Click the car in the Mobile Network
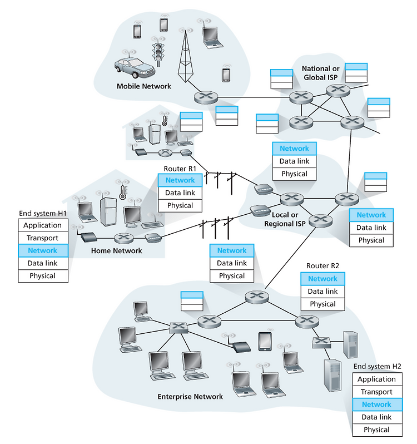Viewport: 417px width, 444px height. pos(135,68)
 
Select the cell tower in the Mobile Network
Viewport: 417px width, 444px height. pos(185,56)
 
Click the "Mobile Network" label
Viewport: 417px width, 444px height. pos(143,86)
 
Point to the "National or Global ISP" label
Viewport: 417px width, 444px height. pos(320,73)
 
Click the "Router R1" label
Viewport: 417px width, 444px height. pos(180,169)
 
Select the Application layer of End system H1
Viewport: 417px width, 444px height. pos(43,225)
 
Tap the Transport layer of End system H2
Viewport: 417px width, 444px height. pos(377,392)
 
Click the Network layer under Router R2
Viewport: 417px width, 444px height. pos(322,279)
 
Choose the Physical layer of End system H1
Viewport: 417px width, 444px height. pos(43,276)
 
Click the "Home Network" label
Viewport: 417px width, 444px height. pos(117,250)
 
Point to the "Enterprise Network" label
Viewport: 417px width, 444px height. pos(190,396)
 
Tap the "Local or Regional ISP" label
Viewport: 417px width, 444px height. pos(285,219)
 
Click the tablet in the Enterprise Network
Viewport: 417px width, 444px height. pos(265,342)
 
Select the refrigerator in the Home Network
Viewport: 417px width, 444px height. pos(108,211)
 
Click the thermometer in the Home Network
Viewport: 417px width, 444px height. pos(122,193)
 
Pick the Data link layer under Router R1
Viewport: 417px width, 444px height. pos(180,193)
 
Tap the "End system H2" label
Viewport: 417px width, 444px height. pos(378,367)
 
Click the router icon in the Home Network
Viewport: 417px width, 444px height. pos(123,238)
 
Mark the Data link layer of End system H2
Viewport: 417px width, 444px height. pos(377,417)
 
